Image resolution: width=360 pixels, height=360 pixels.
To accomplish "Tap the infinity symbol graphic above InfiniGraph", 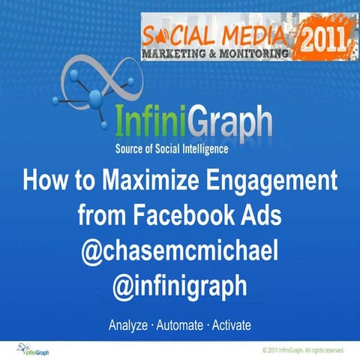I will click(90, 82).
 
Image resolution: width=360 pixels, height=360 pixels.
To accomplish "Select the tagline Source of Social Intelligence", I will click(181, 148).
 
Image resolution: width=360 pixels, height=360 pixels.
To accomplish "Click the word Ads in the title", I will click(261, 217).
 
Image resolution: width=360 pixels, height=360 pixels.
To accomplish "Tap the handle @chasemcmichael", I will click(181, 251).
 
